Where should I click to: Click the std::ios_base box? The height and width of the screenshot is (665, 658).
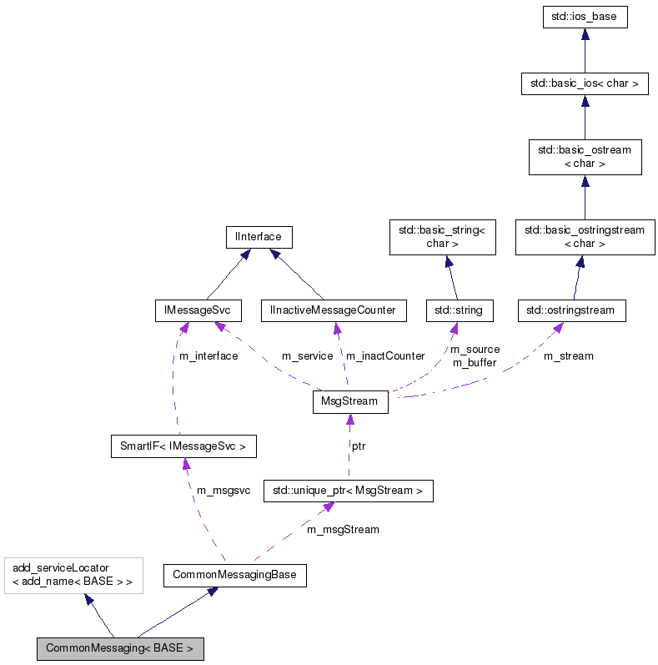[x=585, y=17]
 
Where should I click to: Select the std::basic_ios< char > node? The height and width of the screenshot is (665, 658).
[x=584, y=83]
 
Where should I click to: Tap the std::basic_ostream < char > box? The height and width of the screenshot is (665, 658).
[x=585, y=157]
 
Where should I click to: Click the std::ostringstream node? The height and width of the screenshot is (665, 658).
[x=571, y=310]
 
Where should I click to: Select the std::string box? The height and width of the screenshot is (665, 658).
[x=459, y=310]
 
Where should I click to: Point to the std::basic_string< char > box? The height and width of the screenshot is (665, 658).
[x=443, y=237]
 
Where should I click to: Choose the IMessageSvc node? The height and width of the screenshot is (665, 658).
[x=198, y=310]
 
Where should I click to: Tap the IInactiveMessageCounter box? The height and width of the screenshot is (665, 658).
[x=333, y=310]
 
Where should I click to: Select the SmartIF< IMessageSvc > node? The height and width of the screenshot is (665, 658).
[x=183, y=446]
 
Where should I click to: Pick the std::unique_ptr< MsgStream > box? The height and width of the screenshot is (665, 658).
[x=348, y=491]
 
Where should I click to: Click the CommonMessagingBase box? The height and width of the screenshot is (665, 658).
[x=234, y=575]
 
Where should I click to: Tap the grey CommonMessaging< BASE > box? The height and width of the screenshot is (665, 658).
[x=119, y=648]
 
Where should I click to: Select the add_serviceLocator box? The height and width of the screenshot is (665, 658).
[x=73, y=575]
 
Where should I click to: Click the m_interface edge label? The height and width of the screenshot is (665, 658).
[x=208, y=356]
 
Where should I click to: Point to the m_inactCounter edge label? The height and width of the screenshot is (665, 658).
[x=385, y=356]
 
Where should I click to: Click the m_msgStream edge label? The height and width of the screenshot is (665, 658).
[x=343, y=530]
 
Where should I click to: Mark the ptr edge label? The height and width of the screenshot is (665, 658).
[x=359, y=446]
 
